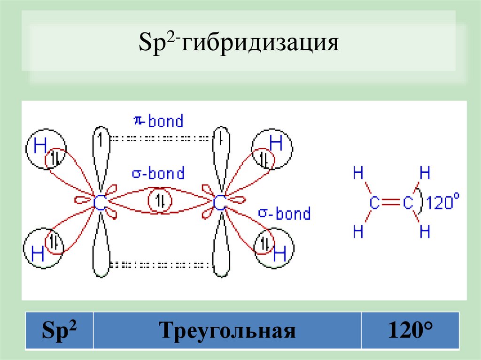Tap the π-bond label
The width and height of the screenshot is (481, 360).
click(x=158, y=121)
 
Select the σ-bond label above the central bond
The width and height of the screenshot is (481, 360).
click(x=158, y=174)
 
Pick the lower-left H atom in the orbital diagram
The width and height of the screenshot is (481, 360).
click(x=38, y=254)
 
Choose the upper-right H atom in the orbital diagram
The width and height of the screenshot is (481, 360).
click(x=276, y=143)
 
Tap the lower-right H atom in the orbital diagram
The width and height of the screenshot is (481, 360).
click(x=279, y=254)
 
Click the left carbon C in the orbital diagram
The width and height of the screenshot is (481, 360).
click(x=99, y=203)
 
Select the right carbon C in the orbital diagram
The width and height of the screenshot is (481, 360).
click(x=219, y=203)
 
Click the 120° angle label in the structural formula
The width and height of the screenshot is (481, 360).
click(x=442, y=202)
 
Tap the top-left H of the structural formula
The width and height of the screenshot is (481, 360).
click(x=358, y=175)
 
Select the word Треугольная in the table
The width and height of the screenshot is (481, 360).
click(x=228, y=331)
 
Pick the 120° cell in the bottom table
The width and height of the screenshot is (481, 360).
click(x=410, y=331)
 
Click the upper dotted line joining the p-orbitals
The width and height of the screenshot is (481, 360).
click(x=160, y=138)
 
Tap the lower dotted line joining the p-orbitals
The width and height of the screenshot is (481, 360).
click(x=160, y=264)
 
